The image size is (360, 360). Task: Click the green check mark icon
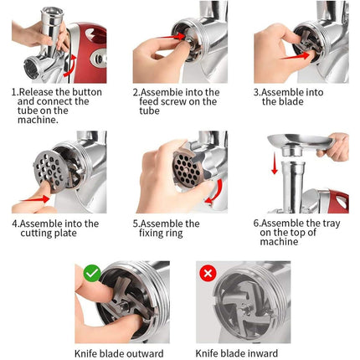91,272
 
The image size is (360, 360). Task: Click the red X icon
206,272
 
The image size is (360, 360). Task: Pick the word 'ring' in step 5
178,234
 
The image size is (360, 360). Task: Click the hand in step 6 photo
337,148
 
